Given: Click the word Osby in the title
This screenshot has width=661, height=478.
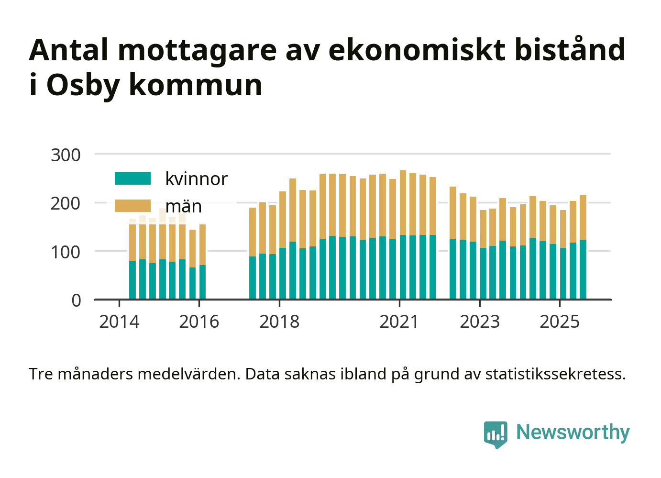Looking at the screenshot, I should pyautogui.click(x=83, y=85).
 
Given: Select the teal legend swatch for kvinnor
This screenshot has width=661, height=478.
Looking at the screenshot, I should pyautogui.click(x=132, y=178).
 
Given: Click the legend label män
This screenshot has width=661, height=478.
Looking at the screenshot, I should pyautogui.click(x=184, y=206).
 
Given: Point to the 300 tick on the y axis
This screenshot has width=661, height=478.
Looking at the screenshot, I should pyautogui.click(x=66, y=155).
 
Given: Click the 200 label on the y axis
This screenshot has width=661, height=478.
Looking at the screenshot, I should pyautogui.click(x=66, y=203).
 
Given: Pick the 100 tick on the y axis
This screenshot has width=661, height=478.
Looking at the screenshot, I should pyautogui.click(x=66, y=252).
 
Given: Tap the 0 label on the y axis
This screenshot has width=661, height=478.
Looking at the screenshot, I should pyautogui.click(x=77, y=300).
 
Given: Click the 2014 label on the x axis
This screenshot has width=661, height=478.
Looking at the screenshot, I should pyautogui.click(x=119, y=322).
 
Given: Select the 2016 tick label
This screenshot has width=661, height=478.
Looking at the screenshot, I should pyautogui.click(x=199, y=322).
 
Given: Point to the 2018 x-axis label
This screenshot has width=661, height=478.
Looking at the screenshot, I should pyautogui.click(x=279, y=322).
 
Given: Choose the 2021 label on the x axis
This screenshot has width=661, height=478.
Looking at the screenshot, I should pyautogui.click(x=399, y=322).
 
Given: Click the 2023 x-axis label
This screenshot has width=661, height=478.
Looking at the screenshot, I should pyautogui.click(x=480, y=322).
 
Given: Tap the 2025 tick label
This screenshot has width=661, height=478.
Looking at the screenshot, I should pyautogui.click(x=560, y=322).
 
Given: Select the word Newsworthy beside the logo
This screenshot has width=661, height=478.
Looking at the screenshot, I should pyautogui.click(x=573, y=432).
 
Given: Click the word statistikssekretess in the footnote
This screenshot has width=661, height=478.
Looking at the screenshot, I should pyautogui.click(x=555, y=374).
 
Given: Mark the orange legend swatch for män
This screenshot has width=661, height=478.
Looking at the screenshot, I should pyautogui.click(x=132, y=206).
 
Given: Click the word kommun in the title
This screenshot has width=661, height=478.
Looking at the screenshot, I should pyautogui.click(x=196, y=85).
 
